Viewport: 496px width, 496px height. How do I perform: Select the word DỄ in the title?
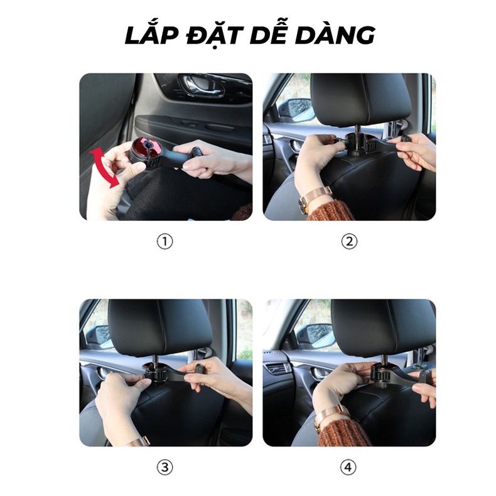click(276, 36)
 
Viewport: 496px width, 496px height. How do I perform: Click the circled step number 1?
click(164, 242)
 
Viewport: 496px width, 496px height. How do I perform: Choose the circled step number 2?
click(349, 242)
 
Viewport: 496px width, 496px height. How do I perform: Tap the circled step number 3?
click(164, 467)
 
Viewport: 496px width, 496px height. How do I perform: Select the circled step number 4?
click(349, 467)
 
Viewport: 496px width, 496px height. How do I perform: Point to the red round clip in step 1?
click(145, 149)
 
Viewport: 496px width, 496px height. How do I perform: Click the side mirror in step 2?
click(295, 110)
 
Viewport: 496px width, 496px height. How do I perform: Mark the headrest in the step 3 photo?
click(160, 326)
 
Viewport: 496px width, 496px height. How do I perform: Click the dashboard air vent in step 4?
click(278, 369)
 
